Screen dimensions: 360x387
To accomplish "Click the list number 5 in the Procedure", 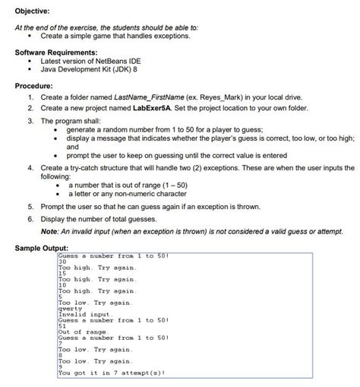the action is coord(30,206).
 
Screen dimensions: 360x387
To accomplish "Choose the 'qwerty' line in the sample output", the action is coord(69,309).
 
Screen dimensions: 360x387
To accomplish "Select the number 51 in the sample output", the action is coord(62,326).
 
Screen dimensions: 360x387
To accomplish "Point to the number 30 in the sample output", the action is coord(62,262).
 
